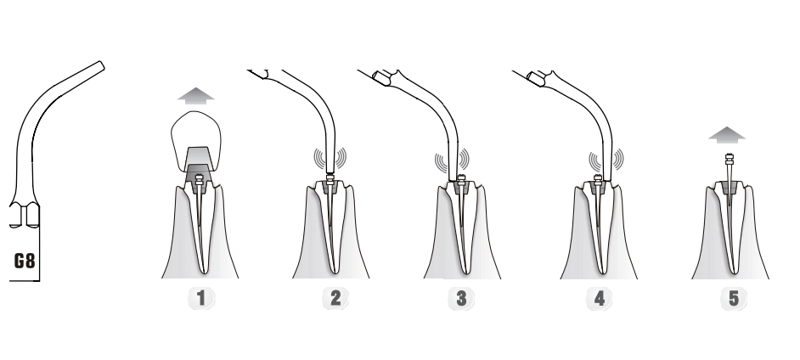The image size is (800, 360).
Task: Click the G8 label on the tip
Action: click(25, 261)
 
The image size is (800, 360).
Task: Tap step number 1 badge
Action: click(201, 298)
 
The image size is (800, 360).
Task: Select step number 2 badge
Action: click(335, 298)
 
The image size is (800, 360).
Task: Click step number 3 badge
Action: click(461, 298)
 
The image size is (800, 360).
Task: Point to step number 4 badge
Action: click(599, 298)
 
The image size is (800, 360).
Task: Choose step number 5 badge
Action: click(734, 298)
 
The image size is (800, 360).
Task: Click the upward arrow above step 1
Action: click(196, 96)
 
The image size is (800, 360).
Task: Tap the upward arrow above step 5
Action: click(727, 135)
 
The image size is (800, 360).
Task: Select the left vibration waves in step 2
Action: click(318, 158)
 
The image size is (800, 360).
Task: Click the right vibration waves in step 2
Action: click(341, 158)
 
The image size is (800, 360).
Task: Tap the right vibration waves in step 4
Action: click(618, 160)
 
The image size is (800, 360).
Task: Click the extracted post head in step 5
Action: click(729, 159)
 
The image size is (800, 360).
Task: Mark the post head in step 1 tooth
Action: click(199, 179)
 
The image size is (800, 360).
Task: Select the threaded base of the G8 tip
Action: click(24, 215)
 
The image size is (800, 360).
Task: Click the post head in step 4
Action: click(597, 179)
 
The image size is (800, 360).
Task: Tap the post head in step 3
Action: click(461, 179)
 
